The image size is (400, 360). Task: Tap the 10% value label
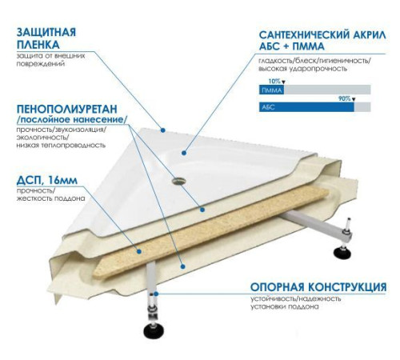tap(274, 82)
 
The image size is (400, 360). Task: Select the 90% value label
tap(345, 98)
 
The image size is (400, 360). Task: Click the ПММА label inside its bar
tap(271, 91)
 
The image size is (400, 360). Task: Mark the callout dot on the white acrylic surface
tap(183, 150)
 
